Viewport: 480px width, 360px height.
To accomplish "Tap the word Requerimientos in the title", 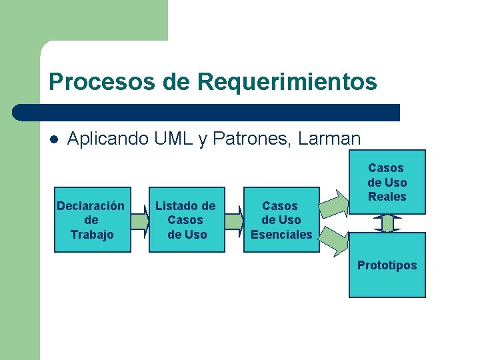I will (x=287, y=82).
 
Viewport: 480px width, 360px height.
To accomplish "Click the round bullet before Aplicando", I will (x=54, y=139).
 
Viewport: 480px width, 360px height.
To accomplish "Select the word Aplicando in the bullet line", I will (x=108, y=139).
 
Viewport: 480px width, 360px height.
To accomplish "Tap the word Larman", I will (x=330, y=139).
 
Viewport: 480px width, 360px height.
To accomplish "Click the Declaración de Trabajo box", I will (x=92, y=219).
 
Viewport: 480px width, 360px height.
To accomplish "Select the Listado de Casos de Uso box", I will (x=187, y=219).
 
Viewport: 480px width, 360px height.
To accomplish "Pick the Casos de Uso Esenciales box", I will (x=281, y=219).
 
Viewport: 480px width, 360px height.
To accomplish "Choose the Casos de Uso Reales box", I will (x=387, y=182).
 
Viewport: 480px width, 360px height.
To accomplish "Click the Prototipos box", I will (x=387, y=265).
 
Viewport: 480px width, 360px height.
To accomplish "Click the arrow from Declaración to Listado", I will (x=140, y=220).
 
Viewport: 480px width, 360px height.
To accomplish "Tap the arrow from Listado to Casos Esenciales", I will (x=234, y=220).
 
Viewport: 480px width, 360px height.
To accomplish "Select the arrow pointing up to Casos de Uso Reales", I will (x=334, y=203).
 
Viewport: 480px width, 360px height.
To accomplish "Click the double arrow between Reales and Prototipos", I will (x=387, y=223).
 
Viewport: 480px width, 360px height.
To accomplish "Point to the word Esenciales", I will (x=281, y=234).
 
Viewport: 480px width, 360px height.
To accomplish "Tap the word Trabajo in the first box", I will (x=92, y=234).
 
